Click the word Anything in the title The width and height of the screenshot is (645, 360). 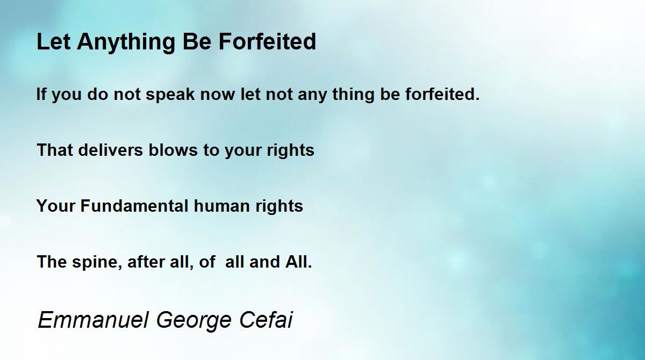click(x=126, y=42)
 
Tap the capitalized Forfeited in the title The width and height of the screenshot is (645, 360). click(x=267, y=41)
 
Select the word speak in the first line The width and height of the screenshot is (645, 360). click(x=170, y=95)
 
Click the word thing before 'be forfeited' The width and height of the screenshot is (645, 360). click(x=353, y=95)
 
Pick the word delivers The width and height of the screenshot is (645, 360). click(x=111, y=150)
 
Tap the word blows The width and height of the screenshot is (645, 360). click(x=173, y=150)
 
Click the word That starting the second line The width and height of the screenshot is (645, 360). click(x=55, y=150)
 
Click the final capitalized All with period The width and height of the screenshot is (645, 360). click(x=299, y=262)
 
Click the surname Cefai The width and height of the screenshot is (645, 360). click(x=266, y=320)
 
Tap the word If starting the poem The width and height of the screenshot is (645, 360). click(x=41, y=95)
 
